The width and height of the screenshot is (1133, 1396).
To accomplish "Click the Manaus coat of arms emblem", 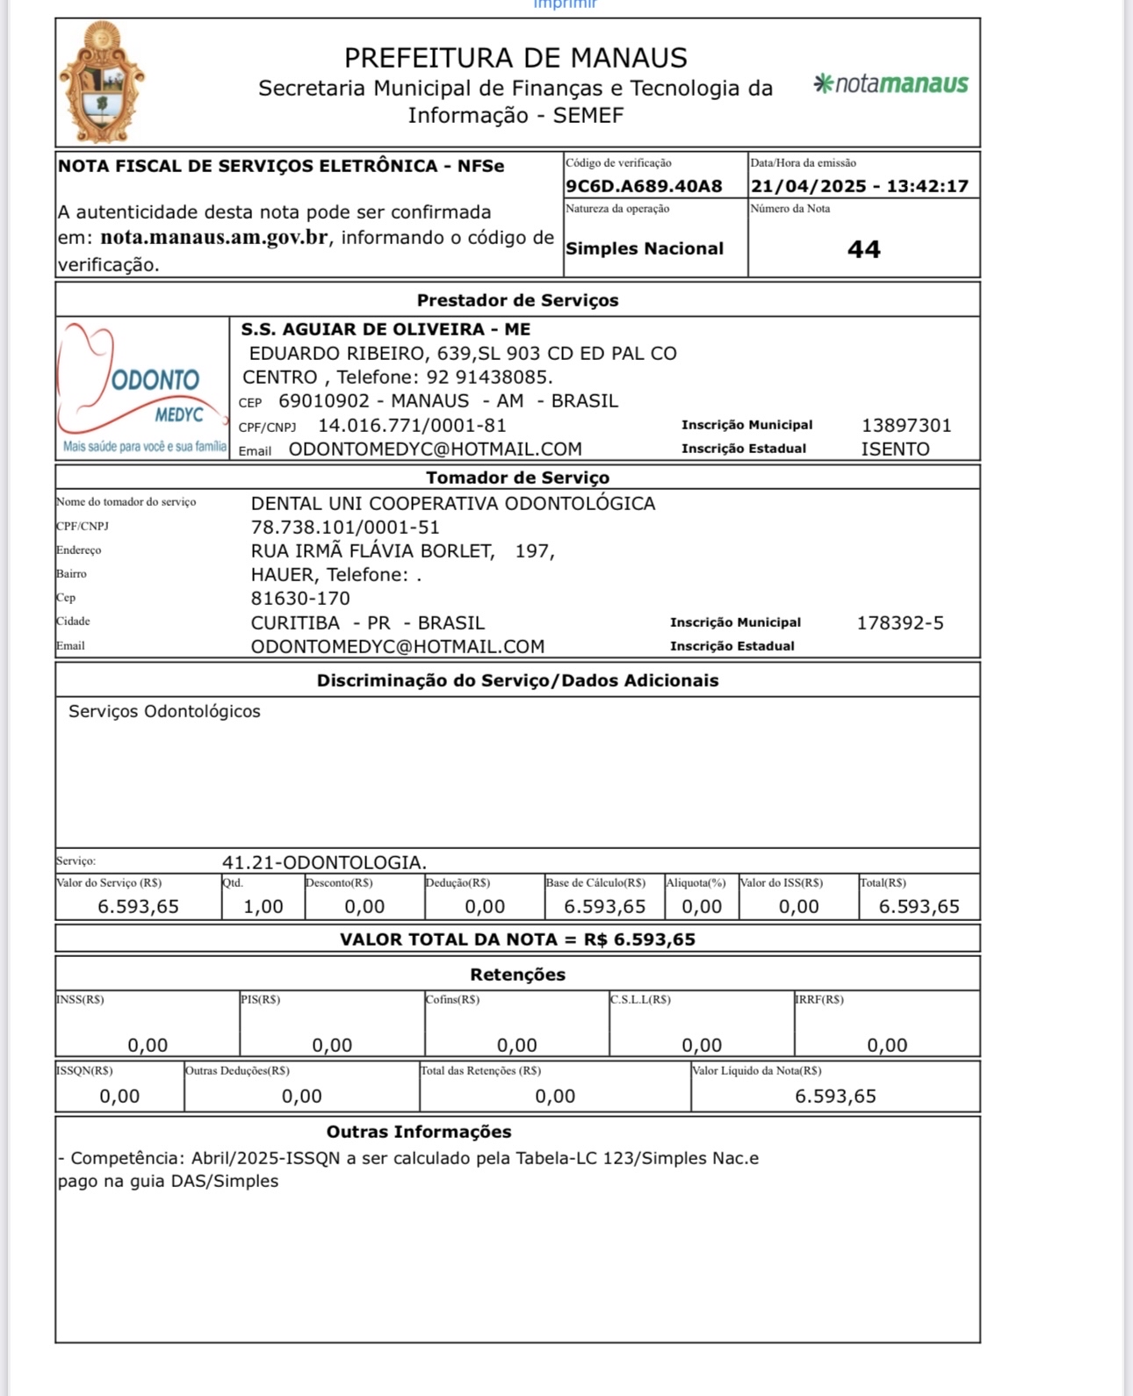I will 102,83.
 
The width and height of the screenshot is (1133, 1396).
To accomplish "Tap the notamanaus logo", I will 891,84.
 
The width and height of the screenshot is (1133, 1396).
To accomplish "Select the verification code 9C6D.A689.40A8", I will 644,186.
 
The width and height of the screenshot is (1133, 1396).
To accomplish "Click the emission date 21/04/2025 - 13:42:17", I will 859,186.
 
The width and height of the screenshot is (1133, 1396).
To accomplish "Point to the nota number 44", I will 863,249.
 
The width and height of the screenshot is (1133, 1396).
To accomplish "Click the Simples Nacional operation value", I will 645,248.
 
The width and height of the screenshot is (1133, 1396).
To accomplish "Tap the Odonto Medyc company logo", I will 142,387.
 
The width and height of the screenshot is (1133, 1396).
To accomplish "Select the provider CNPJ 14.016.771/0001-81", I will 412,426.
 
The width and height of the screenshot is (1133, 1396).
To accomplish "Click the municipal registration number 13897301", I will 906,426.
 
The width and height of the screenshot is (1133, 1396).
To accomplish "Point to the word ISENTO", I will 895,450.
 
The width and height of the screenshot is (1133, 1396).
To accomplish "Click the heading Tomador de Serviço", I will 517,478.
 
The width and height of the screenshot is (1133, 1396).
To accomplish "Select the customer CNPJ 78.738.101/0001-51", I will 345,528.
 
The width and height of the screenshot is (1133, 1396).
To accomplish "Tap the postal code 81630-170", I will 300,599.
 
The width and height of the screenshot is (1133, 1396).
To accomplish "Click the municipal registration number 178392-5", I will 900,623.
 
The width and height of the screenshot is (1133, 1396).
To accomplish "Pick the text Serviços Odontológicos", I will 164,711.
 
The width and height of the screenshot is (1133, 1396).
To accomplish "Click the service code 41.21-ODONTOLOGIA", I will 324,862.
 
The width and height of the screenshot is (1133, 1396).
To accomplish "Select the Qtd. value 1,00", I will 263,907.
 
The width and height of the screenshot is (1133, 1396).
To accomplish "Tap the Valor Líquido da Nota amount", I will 835,1096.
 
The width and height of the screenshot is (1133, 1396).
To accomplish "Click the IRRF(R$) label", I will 819,1000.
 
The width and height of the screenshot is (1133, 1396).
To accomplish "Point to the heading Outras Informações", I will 419,1132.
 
